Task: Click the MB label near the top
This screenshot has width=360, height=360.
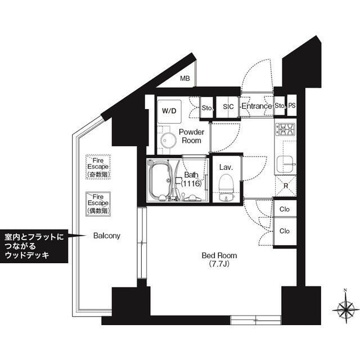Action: point(185,79)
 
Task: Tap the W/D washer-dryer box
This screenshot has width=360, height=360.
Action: point(169,111)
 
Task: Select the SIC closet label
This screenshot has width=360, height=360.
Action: point(228,107)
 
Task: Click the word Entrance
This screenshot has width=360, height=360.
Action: point(256,106)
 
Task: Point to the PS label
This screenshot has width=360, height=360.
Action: point(292,106)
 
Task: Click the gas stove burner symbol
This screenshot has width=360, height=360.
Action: point(285,129)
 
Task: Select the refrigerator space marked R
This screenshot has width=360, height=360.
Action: point(286,186)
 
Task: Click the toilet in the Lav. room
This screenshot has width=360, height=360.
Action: point(226,187)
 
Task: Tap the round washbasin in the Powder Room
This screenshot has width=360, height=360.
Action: point(168,140)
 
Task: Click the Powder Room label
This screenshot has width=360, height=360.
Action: point(191,136)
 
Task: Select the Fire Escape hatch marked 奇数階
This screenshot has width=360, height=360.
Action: point(98,167)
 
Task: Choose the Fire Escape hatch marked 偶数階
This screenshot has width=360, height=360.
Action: point(98,204)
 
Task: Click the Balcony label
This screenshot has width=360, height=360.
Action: point(107,236)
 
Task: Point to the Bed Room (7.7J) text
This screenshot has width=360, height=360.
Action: point(219,259)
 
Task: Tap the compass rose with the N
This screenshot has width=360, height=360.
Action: point(345,309)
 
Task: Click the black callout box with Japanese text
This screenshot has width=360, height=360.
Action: point(34,246)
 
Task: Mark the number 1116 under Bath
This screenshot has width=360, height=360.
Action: point(191,183)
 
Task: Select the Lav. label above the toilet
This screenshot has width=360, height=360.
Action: point(226,168)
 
